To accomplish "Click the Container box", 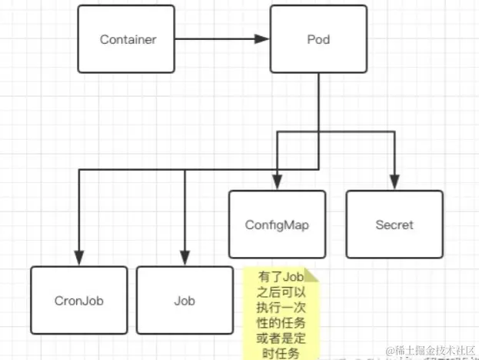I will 127,40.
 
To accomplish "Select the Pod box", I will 318,40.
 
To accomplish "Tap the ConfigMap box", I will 277,224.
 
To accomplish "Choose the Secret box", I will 394,224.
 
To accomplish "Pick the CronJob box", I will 78,300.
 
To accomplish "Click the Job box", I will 185,300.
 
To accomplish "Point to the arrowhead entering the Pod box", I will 263,40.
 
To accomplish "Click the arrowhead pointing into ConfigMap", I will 277,184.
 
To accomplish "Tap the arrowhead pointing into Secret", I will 394,184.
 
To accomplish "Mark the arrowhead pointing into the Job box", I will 185,259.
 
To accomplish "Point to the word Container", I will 128,40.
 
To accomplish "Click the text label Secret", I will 394,225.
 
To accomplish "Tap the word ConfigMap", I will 277,225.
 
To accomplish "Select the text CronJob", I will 78,301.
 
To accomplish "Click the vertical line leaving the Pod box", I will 318,100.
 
